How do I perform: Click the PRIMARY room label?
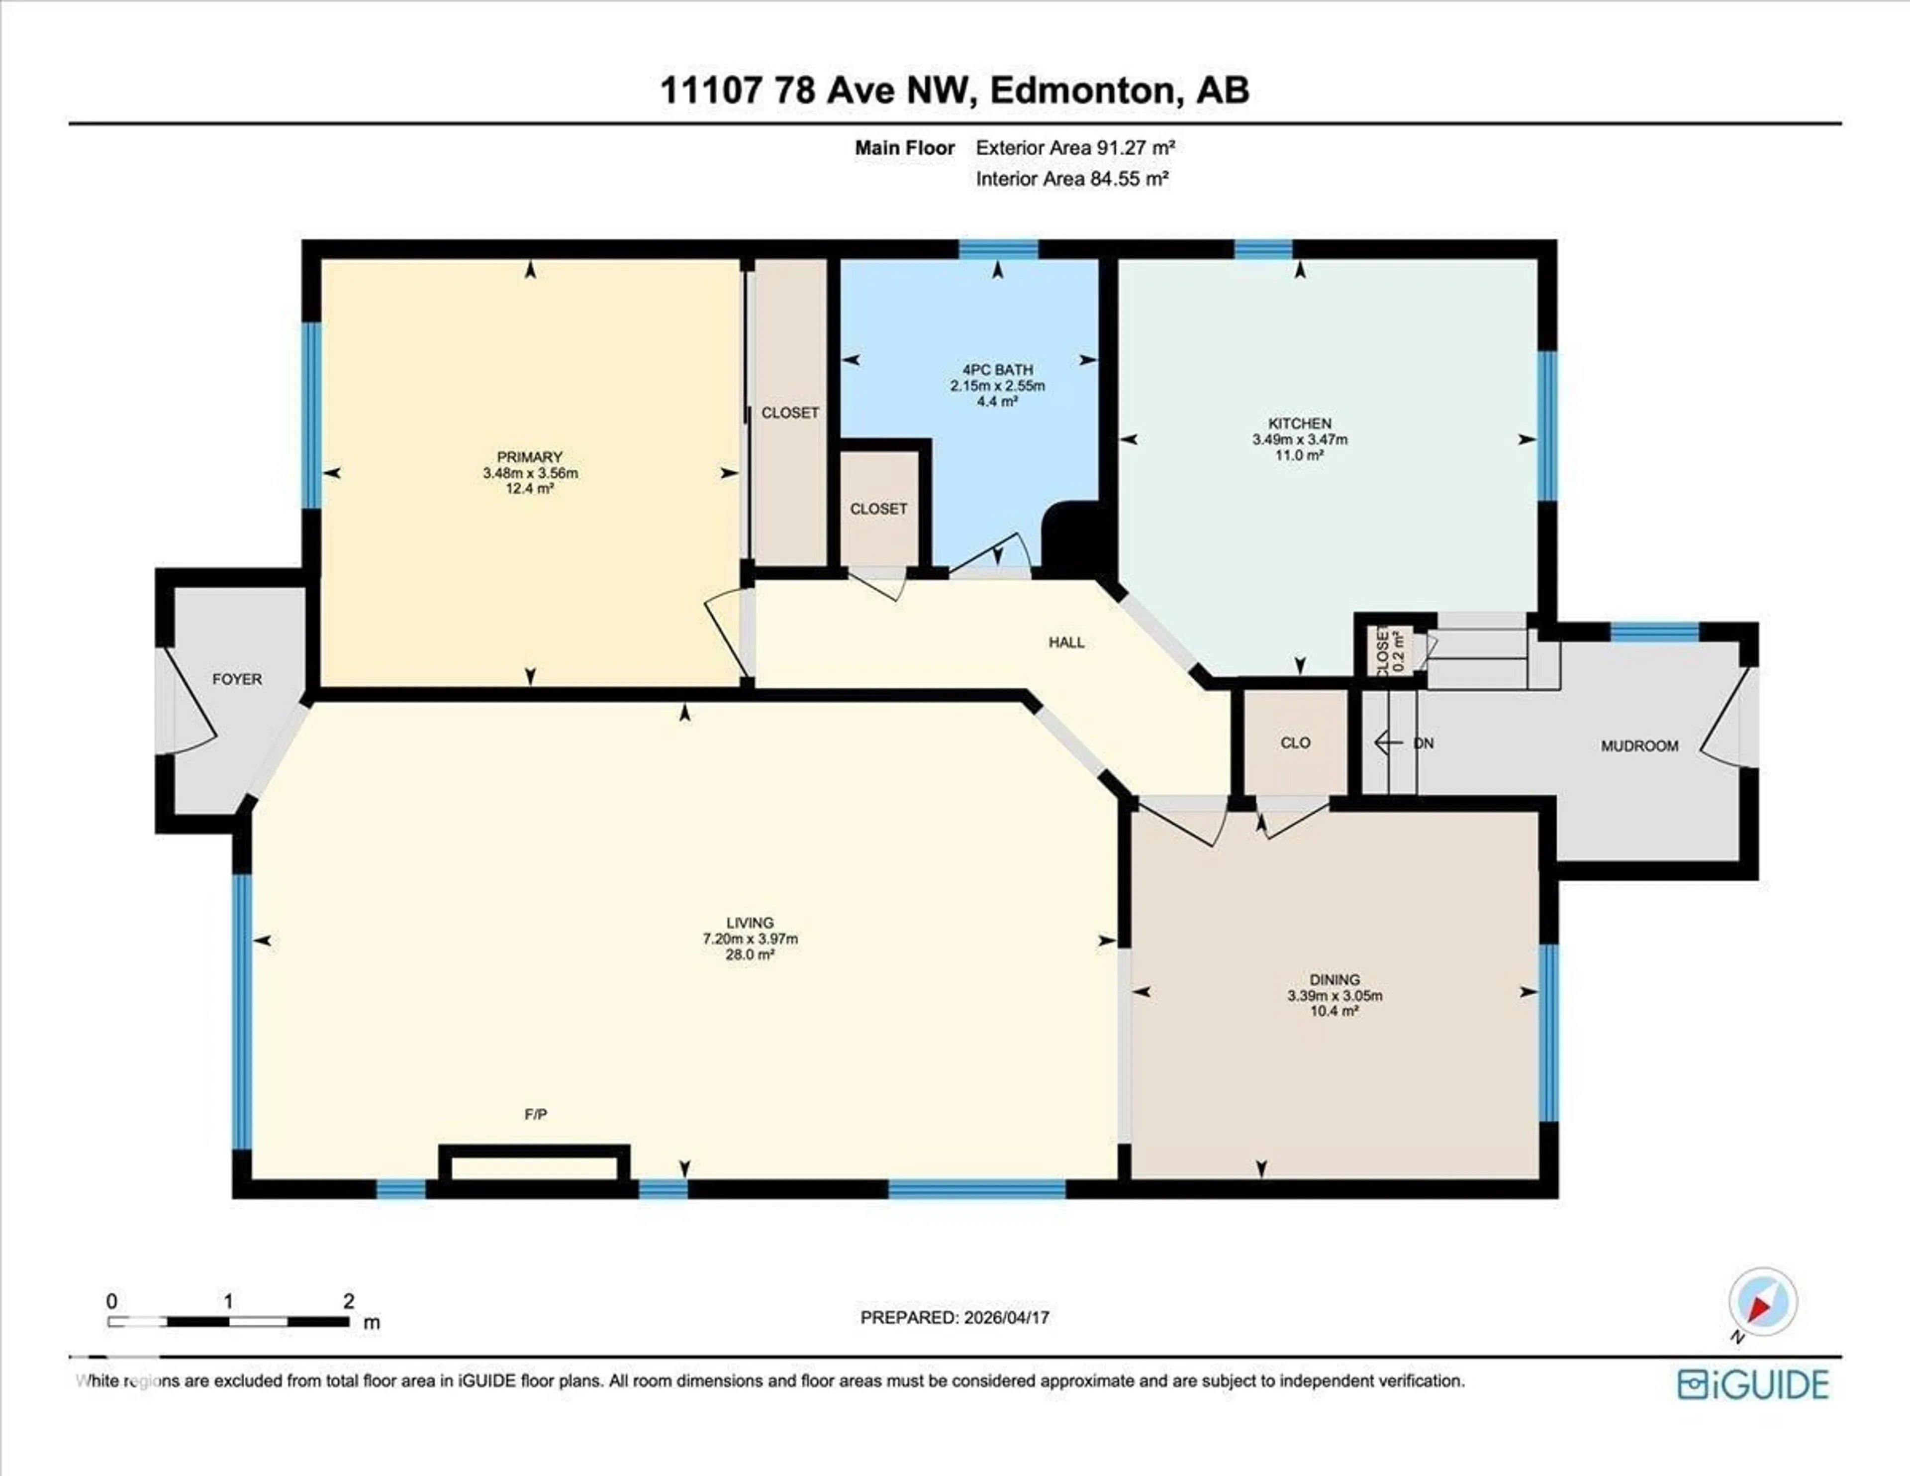pos(529,457)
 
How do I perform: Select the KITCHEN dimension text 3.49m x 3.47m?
pos(1300,439)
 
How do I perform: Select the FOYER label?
pos(237,679)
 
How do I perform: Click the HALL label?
pos(1066,642)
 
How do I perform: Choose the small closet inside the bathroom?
pos(879,508)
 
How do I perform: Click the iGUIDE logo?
pos(1753,1384)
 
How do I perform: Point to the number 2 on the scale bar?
pos(348,1301)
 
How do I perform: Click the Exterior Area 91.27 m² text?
pos(1075,148)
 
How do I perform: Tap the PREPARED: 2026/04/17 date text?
pos(954,1317)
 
